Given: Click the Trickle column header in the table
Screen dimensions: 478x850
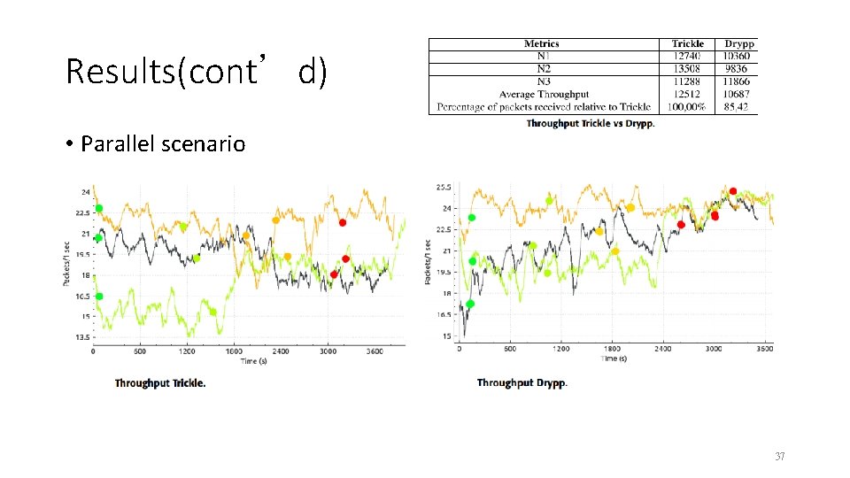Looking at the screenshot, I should click(687, 43).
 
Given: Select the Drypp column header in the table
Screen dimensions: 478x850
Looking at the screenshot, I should click(739, 43).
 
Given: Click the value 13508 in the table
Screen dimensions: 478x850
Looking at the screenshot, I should click(687, 68).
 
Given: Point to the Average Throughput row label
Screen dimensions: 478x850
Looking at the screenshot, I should click(544, 94).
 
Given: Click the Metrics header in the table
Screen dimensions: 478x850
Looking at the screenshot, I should click(542, 43).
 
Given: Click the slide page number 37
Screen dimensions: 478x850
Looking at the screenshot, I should click(780, 457).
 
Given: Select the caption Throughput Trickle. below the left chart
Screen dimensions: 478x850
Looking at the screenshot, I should click(160, 383).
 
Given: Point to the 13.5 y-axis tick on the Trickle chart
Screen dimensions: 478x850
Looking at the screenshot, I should click(81, 337).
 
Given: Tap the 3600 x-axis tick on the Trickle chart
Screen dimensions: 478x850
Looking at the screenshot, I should click(375, 351).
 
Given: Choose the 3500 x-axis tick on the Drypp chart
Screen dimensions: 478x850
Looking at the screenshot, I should click(764, 349).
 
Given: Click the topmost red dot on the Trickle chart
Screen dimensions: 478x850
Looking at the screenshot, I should click(343, 222).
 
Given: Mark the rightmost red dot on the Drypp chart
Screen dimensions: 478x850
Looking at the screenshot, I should click(733, 191).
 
